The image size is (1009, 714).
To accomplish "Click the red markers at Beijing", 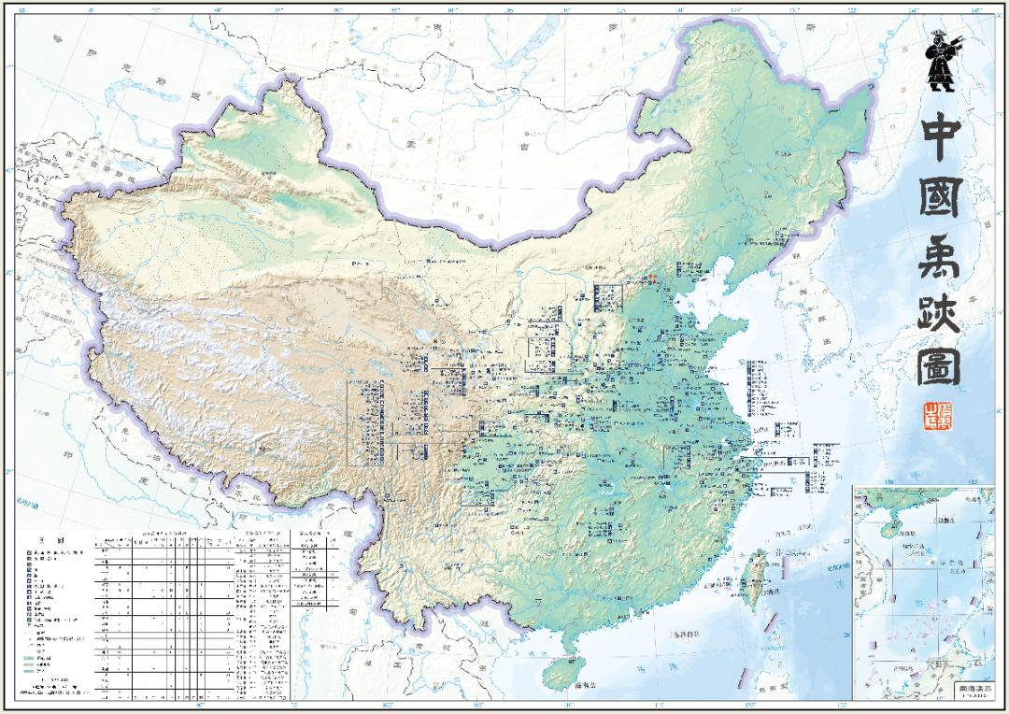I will pos(654,277).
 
